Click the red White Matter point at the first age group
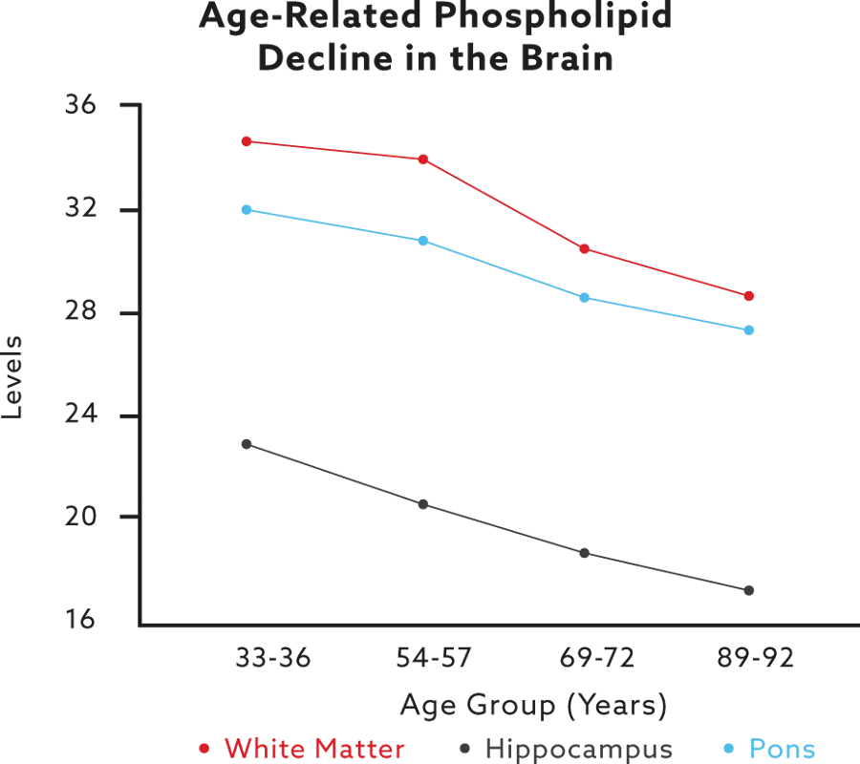click(247, 141)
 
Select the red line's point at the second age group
click(422, 159)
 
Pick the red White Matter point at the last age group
click(750, 297)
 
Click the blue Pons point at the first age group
click(247, 209)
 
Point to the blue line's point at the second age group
click(422, 241)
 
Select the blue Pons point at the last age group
click(750, 329)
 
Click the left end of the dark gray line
click(243, 441)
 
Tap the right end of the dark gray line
click(751, 588)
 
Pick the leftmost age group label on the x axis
click(257, 658)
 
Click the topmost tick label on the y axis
click(80, 106)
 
